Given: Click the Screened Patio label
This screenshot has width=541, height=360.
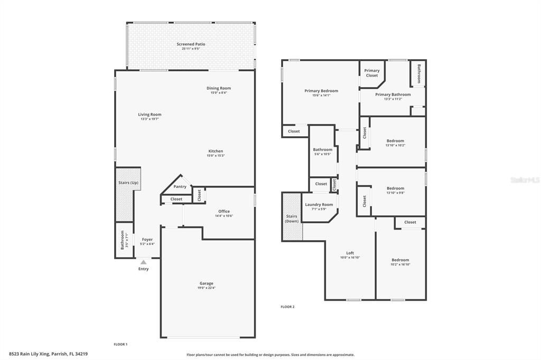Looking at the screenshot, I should pos(191,44).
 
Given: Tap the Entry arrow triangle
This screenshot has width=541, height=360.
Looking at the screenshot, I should pos(143,262).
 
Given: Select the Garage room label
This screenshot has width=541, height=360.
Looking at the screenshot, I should pos(206,283).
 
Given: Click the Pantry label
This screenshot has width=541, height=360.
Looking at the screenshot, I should pos(180,186).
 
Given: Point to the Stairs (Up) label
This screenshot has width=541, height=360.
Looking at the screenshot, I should pos(128,183).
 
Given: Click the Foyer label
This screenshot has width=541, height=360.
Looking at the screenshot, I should pos(147,240).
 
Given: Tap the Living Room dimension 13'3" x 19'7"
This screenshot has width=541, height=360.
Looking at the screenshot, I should pos(150,119).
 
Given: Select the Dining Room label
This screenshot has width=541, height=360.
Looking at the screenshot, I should pos(218,88).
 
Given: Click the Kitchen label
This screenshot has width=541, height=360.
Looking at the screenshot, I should pos(216,151).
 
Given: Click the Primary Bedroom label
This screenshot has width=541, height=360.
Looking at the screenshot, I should pos(321,91).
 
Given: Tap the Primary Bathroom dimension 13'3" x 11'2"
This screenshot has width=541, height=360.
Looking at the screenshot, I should pos(393,99).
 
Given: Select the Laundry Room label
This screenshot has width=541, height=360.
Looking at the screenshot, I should pos(319,204).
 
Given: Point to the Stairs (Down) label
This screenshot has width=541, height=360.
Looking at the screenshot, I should pos(292,219).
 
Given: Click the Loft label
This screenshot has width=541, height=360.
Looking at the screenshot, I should pos(350,253).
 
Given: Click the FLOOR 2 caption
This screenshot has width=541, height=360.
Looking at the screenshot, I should pos(287,307).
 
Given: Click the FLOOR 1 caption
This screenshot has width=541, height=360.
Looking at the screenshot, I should pos(120,344).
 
